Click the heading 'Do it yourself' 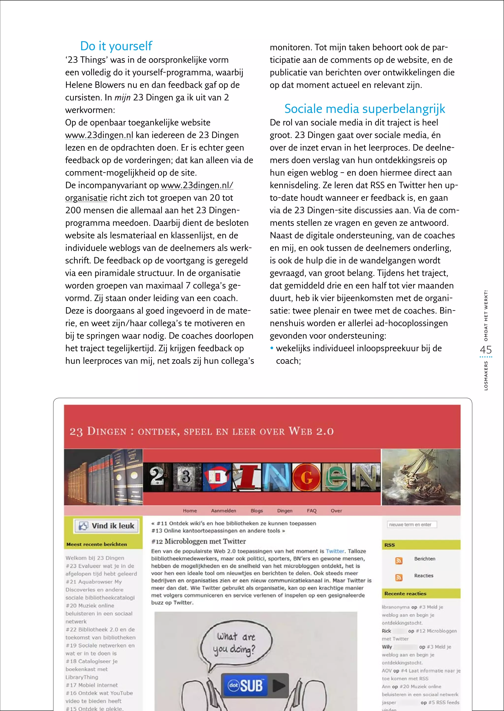(x=116, y=46)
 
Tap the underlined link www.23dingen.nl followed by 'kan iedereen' (x=99, y=135)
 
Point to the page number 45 (x=486, y=350)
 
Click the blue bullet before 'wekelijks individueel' (x=272, y=348)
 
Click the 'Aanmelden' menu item (x=223, y=511)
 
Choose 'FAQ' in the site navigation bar (x=312, y=511)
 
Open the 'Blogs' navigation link (x=257, y=511)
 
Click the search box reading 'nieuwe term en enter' (x=411, y=525)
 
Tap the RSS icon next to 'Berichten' (x=399, y=561)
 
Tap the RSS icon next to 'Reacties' (x=399, y=577)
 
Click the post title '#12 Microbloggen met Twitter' (x=199, y=541)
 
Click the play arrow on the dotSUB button (x=278, y=686)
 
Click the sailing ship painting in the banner (x=421, y=477)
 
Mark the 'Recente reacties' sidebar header (x=405, y=593)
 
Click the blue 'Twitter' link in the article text (x=335, y=551)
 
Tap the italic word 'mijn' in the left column (x=122, y=98)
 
